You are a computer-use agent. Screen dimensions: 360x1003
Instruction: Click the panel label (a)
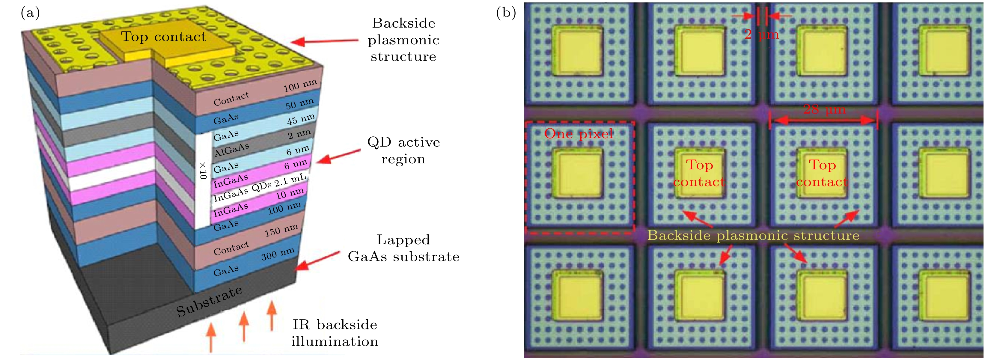30,13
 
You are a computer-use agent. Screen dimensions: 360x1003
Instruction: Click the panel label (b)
506,13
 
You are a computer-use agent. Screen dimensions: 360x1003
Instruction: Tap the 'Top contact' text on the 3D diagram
164,37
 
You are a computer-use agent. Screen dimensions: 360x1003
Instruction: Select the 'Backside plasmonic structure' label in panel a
403,40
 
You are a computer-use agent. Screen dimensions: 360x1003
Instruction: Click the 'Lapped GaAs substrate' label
403,248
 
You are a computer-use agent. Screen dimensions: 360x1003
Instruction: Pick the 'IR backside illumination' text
335,333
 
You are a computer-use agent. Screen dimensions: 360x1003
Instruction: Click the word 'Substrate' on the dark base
209,301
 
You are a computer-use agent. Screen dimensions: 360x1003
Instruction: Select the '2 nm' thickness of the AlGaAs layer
299,134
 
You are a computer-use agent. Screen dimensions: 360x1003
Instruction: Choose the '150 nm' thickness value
281,230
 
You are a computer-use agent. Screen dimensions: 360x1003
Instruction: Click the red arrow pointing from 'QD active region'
338,156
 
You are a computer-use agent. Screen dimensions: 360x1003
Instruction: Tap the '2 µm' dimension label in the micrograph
761,34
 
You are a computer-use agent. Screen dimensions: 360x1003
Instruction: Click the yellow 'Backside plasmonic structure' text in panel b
753,236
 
